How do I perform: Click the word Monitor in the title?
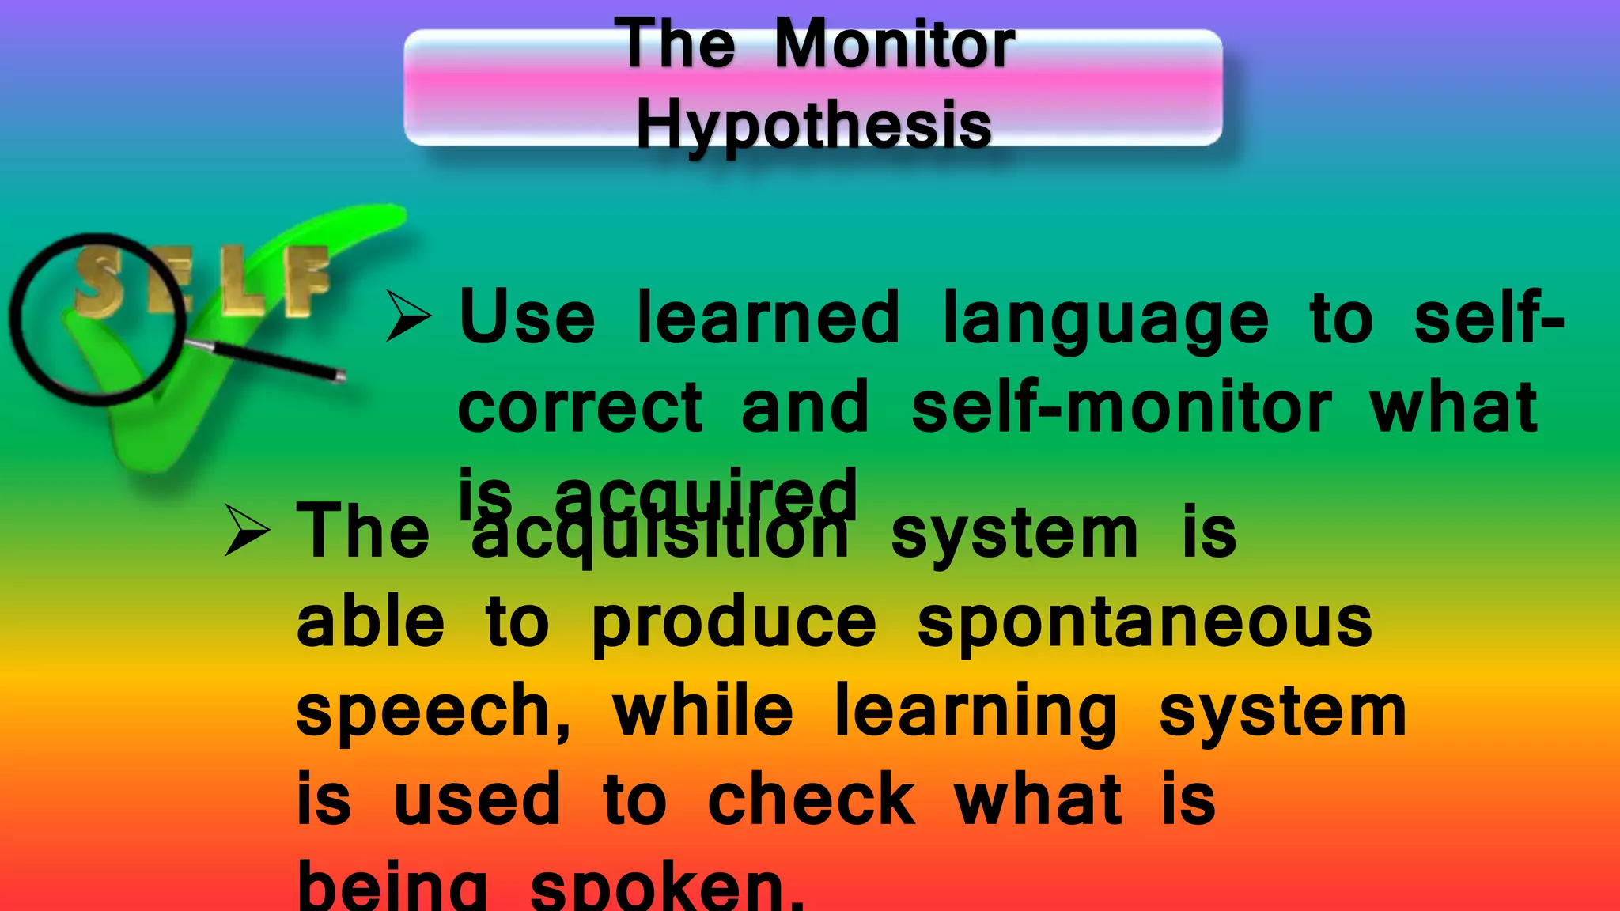[894, 45]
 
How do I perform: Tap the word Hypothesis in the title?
[814, 125]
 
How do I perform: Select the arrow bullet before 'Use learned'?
[408, 316]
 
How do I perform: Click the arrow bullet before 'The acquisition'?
[248, 531]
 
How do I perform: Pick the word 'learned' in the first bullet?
[768, 317]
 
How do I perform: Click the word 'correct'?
[580, 407]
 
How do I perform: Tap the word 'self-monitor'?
[1121, 407]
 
